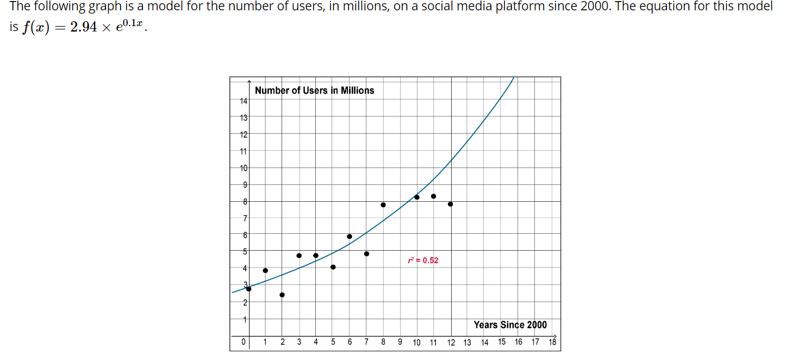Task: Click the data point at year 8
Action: tap(383, 205)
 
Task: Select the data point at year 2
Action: tap(282, 295)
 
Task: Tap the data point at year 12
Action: tap(451, 204)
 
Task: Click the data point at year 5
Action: tap(333, 267)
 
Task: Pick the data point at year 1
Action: tap(265, 270)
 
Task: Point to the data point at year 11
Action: tap(433, 196)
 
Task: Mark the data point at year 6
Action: tap(350, 237)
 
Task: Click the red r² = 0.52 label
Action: tap(423, 260)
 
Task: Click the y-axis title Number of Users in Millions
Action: tap(314, 90)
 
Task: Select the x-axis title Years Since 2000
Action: tap(510, 325)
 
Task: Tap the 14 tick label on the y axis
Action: tap(244, 101)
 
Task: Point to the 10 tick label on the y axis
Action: tap(244, 168)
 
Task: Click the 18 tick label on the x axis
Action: tap(552, 342)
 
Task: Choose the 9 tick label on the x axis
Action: tap(400, 342)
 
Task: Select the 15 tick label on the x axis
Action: tap(502, 342)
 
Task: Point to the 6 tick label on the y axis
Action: tap(245, 235)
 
